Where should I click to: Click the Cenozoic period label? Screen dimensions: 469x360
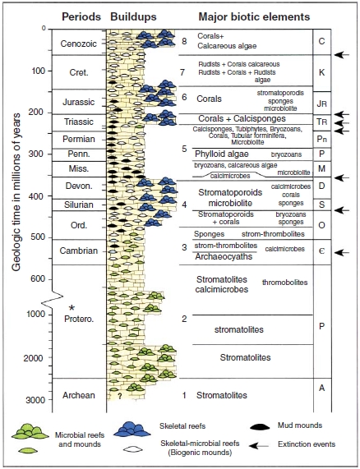pyautogui.click(x=76, y=41)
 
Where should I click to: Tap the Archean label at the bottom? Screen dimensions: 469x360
pyautogui.click(x=77, y=395)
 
